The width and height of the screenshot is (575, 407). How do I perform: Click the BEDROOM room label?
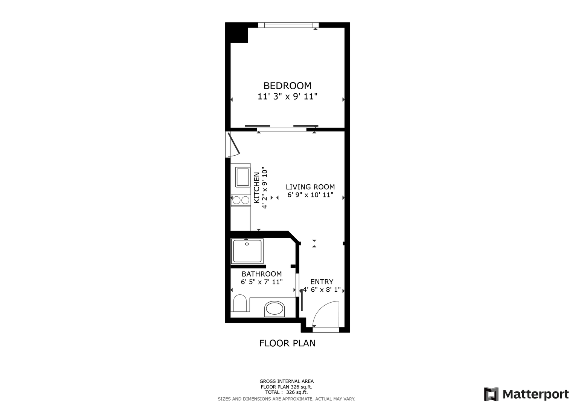[x=287, y=86]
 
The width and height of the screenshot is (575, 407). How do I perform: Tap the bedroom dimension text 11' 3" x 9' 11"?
[x=287, y=96]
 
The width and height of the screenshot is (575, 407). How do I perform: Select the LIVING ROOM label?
[x=310, y=187]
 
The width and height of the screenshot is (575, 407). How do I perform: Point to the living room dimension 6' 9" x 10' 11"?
[x=310, y=195]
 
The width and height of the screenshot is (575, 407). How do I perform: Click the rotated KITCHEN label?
[x=257, y=188]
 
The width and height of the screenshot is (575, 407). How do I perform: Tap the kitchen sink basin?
[x=243, y=177]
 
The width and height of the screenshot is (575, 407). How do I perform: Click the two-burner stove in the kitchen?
[x=241, y=200]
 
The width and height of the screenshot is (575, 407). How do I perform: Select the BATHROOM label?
[x=262, y=274]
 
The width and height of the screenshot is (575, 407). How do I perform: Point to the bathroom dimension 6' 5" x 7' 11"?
[x=262, y=282]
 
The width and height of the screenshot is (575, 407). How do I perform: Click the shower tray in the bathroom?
[x=247, y=251]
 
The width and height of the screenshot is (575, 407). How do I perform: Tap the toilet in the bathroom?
[x=240, y=303]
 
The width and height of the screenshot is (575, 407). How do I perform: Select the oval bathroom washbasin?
[x=275, y=309]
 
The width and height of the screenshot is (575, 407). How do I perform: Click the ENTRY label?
[x=322, y=282]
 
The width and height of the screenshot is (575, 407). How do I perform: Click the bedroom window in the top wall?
[x=288, y=25]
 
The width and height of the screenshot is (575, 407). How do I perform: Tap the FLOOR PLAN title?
[x=287, y=343]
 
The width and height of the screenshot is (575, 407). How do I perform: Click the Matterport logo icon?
[x=491, y=394]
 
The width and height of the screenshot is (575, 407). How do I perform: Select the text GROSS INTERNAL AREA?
[x=287, y=381]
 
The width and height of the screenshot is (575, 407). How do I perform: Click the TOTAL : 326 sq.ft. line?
[x=287, y=392]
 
